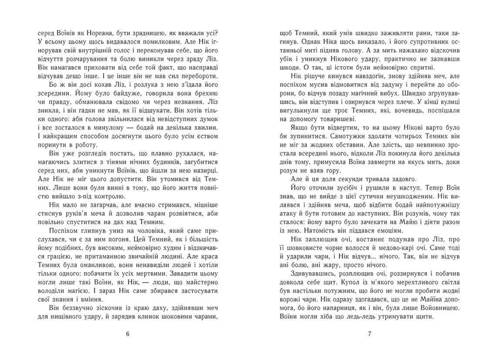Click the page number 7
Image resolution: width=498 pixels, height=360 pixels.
[x=369, y=334]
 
